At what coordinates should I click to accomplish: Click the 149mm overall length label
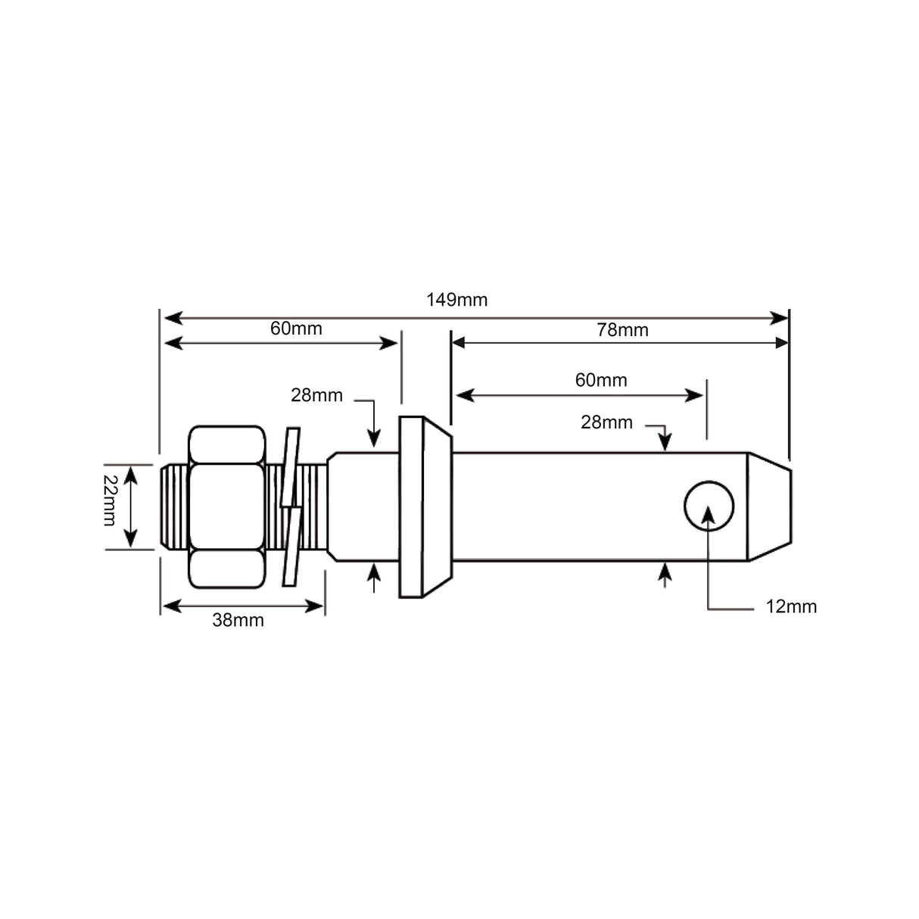pyautogui.click(x=456, y=300)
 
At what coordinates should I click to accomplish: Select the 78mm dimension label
pyautogui.click(x=622, y=330)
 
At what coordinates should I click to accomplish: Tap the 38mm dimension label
pyautogui.click(x=238, y=620)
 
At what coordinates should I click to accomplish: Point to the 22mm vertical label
pyautogui.click(x=110, y=500)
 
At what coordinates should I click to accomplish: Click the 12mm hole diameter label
pyautogui.click(x=791, y=606)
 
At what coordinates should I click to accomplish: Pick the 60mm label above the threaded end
pyautogui.click(x=296, y=329)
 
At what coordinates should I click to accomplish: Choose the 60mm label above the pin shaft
pyautogui.click(x=601, y=380)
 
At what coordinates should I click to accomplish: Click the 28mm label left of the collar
pyautogui.click(x=316, y=395)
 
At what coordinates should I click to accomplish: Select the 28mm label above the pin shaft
pyautogui.click(x=606, y=422)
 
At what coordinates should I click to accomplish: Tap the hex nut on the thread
pyautogui.click(x=227, y=506)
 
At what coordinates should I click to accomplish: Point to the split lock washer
pyautogui.click(x=291, y=506)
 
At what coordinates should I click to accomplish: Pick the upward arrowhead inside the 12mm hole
pyautogui.click(x=709, y=513)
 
